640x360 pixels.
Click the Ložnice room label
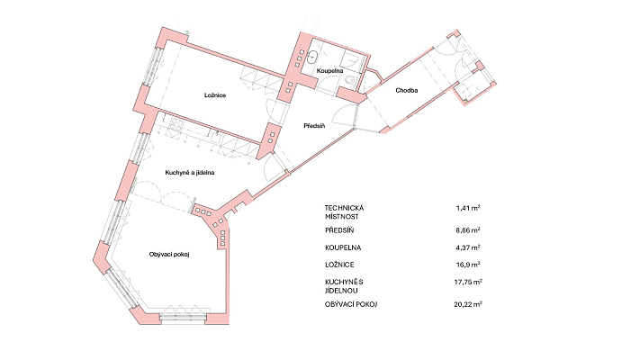(215, 95)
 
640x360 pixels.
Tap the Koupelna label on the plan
(329, 71)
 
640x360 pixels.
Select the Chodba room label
(407, 91)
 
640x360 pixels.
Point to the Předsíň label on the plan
(314, 126)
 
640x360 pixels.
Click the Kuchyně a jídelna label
(190, 173)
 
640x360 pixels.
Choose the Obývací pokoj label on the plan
(169, 255)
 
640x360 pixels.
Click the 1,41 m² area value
(468, 208)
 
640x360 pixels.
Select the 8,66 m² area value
(468, 230)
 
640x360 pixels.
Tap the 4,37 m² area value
(468, 247)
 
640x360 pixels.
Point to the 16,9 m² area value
(468, 265)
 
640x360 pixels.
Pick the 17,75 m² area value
(468, 282)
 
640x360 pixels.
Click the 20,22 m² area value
(468, 304)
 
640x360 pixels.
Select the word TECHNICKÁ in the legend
(345, 208)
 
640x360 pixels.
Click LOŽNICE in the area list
(339, 265)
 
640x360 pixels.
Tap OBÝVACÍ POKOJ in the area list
(351, 304)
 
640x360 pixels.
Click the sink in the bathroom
(313, 57)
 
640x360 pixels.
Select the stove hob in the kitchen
(176, 123)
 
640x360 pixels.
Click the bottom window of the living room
(183, 318)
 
